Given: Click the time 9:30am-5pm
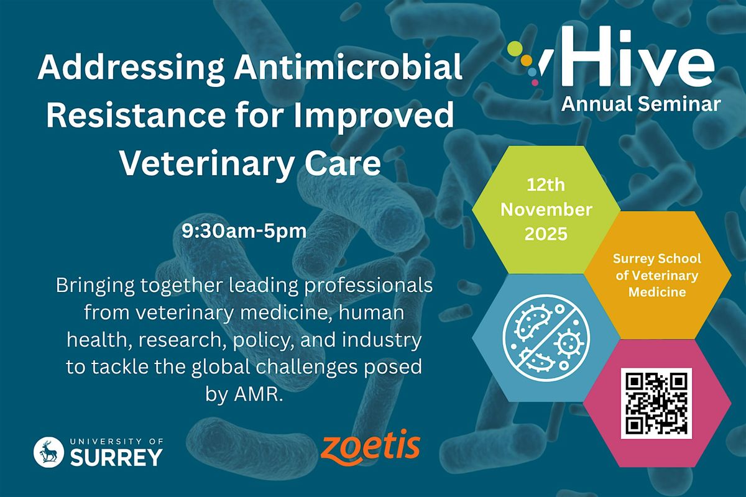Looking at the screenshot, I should click(x=244, y=233).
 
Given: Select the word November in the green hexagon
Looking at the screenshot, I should click(x=546, y=210).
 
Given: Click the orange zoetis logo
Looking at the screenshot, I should click(x=371, y=447).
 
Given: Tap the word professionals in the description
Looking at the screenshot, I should click(x=370, y=287).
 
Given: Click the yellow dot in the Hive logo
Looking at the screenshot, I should click(x=526, y=60).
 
